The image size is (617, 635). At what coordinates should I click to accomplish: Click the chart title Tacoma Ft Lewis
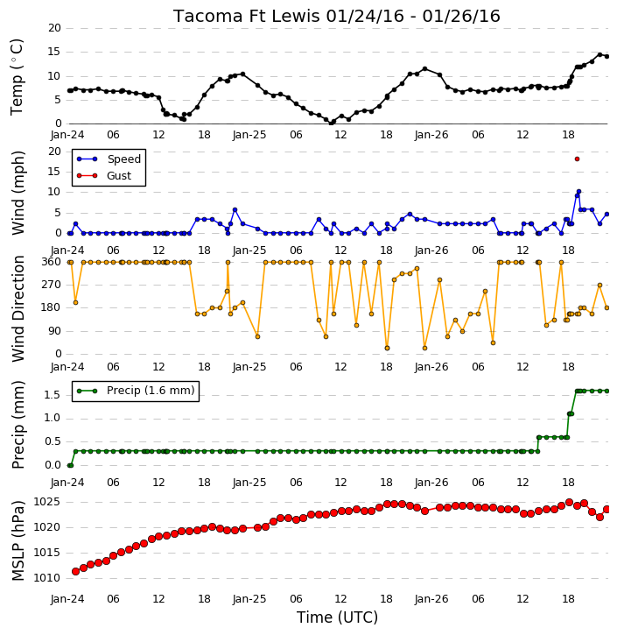tap(248, 16)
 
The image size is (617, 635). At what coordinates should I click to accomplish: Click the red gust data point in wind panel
tap(577, 159)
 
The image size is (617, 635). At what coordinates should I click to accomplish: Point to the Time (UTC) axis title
tap(337, 617)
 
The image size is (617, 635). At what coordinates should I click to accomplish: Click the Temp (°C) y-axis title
tap(17, 77)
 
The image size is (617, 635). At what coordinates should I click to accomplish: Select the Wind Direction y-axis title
tap(18, 308)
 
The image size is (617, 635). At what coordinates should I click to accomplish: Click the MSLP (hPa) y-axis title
tap(18, 540)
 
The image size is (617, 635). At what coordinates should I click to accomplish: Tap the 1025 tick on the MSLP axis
tap(46, 503)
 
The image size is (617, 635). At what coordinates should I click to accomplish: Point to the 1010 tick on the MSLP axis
tap(46, 578)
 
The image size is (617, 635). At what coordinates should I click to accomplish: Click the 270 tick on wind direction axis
tap(52, 285)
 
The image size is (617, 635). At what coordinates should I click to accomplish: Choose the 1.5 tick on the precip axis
tap(53, 395)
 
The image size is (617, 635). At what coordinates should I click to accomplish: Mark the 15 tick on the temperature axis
tap(54, 52)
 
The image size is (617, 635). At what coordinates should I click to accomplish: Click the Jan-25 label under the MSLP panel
tap(249, 599)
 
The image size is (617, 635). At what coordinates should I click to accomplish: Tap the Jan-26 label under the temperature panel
tap(431, 135)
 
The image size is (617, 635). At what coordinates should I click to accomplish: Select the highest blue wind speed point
tap(578, 192)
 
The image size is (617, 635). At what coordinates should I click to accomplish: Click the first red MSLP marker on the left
tap(75, 571)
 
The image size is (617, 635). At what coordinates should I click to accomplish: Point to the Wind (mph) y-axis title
tap(18, 193)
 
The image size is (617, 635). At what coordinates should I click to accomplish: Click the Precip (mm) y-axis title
tap(18, 425)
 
